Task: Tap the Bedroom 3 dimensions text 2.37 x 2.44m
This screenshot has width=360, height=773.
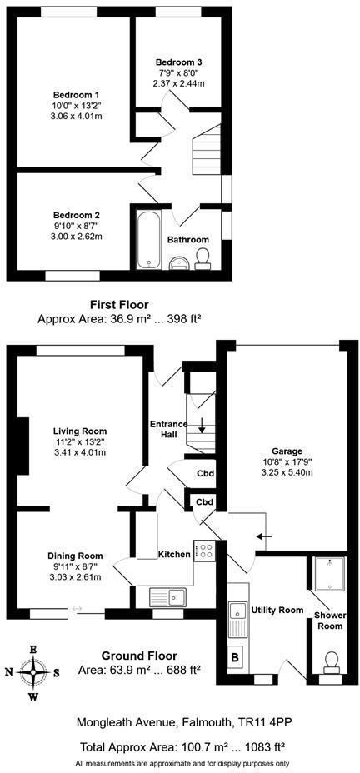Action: pyautogui.click(x=177, y=83)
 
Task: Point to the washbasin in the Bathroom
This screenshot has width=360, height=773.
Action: pyautogui.click(x=177, y=264)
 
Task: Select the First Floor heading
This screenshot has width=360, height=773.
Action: pyautogui.click(x=119, y=305)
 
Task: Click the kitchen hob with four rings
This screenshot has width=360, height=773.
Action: pyautogui.click(x=205, y=551)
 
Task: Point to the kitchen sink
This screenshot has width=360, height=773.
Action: pyautogui.click(x=166, y=596)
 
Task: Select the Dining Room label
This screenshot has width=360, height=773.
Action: pyautogui.click(x=75, y=556)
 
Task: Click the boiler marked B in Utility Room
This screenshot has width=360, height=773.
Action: pyautogui.click(x=235, y=656)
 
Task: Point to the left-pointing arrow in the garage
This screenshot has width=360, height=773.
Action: pyautogui.click(x=263, y=537)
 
